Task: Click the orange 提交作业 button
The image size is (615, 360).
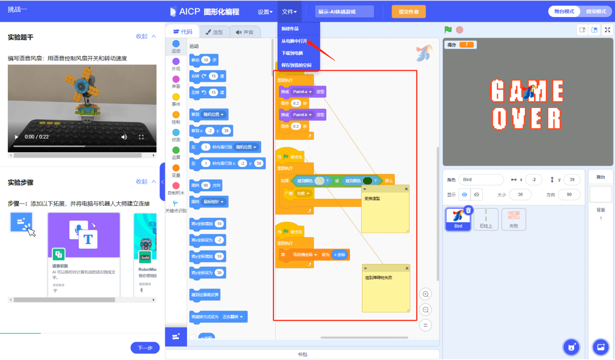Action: click(x=408, y=12)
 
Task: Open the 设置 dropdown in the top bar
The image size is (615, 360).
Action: click(x=265, y=12)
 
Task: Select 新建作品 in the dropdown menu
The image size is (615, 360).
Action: click(x=290, y=29)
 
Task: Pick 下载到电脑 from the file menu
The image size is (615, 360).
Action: click(x=292, y=53)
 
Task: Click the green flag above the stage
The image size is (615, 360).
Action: click(x=448, y=30)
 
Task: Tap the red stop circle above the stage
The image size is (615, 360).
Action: click(x=459, y=30)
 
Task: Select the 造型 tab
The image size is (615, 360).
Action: click(x=214, y=32)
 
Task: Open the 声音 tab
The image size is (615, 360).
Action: click(x=245, y=32)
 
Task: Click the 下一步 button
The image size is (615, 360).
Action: click(x=145, y=347)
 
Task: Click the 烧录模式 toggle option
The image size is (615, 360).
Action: click(x=596, y=12)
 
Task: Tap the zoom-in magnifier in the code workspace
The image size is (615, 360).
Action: click(x=426, y=294)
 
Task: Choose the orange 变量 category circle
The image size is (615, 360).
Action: click(x=176, y=168)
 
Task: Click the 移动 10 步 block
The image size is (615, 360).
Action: click(x=204, y=60)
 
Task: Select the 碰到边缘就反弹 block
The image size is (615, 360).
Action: click(x=205, y=295)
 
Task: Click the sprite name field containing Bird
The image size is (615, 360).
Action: click(x=481, y=180)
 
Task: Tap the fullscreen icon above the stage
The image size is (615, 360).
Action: click(x=607, y=30)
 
